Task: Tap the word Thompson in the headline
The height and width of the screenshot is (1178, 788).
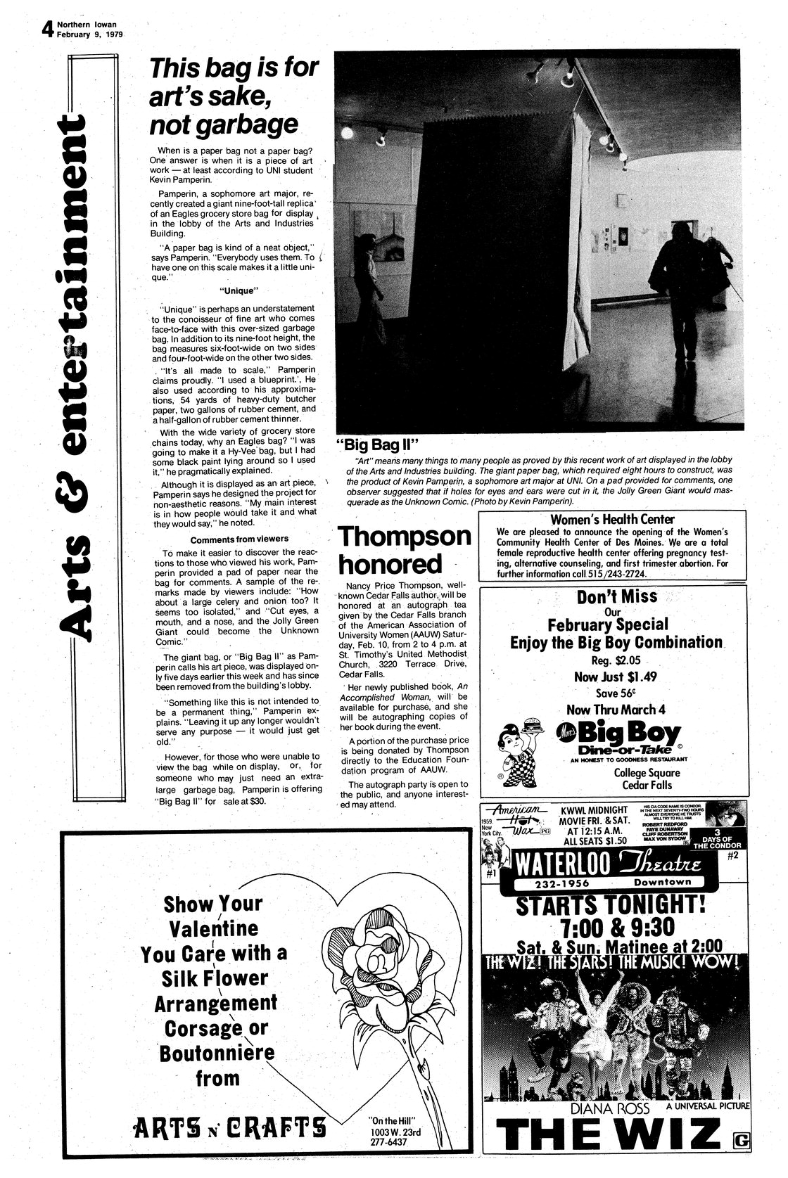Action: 404,536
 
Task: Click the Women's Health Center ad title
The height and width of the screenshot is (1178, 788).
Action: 612,519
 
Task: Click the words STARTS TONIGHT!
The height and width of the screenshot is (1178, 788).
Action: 615,904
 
